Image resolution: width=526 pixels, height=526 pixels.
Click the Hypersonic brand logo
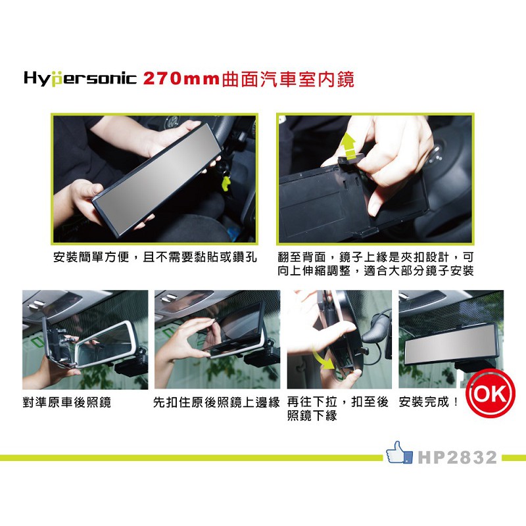(x=80, y=80)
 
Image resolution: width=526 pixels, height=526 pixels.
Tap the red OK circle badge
(x=489, y=396)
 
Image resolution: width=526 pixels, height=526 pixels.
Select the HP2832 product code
(x=458, y=458)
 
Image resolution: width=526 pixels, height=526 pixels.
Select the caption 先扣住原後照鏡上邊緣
(x=217, y=402)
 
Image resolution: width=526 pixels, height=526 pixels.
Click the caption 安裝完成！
(x=429, y=402)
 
